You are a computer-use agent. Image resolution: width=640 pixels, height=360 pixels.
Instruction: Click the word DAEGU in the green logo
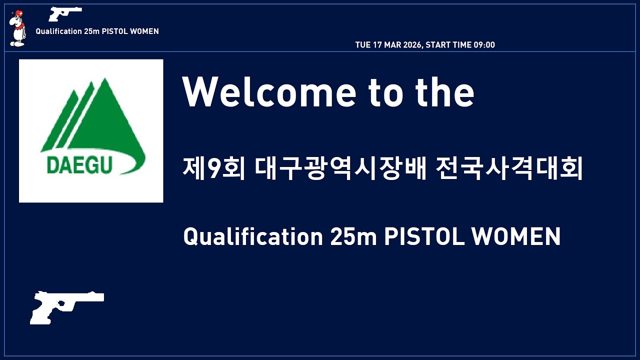[x=79, y=165]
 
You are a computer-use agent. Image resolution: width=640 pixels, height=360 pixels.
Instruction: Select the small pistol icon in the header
[x=65, y=13]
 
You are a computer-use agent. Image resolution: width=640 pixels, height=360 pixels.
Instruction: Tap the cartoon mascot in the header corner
[x=17, y=29]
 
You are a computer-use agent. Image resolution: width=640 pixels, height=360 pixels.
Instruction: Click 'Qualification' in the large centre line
[x=253, y=236]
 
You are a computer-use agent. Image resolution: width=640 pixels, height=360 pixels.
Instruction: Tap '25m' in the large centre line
[x=353, y=236]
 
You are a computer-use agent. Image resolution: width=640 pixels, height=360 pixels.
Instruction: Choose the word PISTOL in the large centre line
[x=424, y=236]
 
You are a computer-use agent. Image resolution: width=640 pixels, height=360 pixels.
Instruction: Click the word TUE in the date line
[x=362, y=45]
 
